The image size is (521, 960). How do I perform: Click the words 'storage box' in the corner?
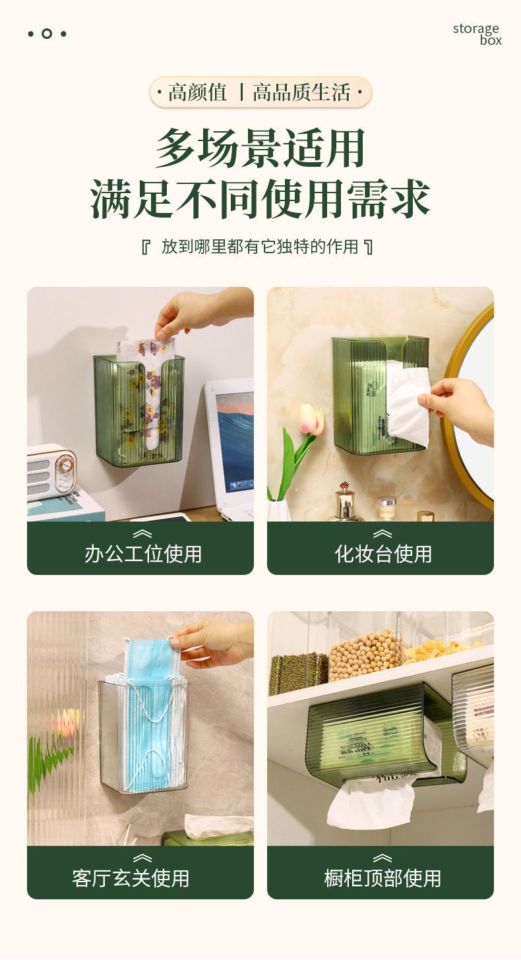[477, 34]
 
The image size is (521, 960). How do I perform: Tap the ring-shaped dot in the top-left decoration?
[47, 34]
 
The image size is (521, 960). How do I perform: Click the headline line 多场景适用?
[260, 148]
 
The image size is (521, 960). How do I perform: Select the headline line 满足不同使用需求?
[260, 199]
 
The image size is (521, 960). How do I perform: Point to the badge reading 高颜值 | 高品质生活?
[260, 92]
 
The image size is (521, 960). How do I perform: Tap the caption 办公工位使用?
[143, 554]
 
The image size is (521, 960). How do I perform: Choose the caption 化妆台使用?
[383, 554]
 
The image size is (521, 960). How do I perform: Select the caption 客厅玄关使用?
[131, 878]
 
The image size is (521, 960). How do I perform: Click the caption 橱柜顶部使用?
[383, 878]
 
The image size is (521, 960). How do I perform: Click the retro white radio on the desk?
[51, 473]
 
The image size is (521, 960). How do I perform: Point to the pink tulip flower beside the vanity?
[312, 419]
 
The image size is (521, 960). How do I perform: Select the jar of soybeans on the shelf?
[365, 655]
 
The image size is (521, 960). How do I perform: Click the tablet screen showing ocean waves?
[234, 441]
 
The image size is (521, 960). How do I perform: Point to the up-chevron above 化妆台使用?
[382, 533]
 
